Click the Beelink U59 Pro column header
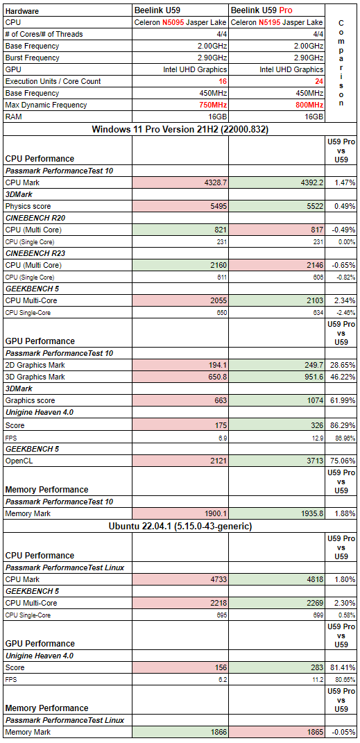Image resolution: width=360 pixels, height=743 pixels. click(x=262, y=10)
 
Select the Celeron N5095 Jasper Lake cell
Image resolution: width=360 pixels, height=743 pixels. click(x=181, y=22)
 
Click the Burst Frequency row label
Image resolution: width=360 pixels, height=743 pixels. click(x=32, y=58)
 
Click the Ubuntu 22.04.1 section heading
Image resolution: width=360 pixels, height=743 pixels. click(x=180, y=526)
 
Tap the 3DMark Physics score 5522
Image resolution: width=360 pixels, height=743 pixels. click(x=316, y=206)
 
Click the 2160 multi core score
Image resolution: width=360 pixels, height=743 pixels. click(x=218, y=265)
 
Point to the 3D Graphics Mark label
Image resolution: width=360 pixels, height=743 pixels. click(x=35, y=377)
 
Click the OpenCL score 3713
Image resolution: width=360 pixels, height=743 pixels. click(x=316, y=460)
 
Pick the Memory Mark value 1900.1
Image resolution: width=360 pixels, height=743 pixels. click(x=216, y=513)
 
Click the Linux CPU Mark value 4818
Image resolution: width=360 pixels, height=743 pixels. click(x=316, y=579)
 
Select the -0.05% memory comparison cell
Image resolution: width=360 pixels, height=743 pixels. click(x=343, y=732)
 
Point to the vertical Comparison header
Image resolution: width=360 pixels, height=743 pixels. click(x=341, y=63)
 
